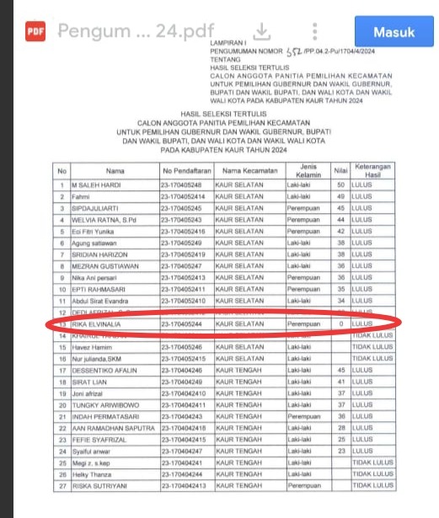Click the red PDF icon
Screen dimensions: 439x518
tap(35, 32)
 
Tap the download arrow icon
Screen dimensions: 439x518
tap(261, 32)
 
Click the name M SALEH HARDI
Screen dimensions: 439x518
tap(98, 184)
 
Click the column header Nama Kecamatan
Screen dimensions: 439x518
tap(248, 170)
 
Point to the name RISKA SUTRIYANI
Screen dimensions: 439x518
tap(99, 485)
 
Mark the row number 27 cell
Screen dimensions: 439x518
tap(62, 485)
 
